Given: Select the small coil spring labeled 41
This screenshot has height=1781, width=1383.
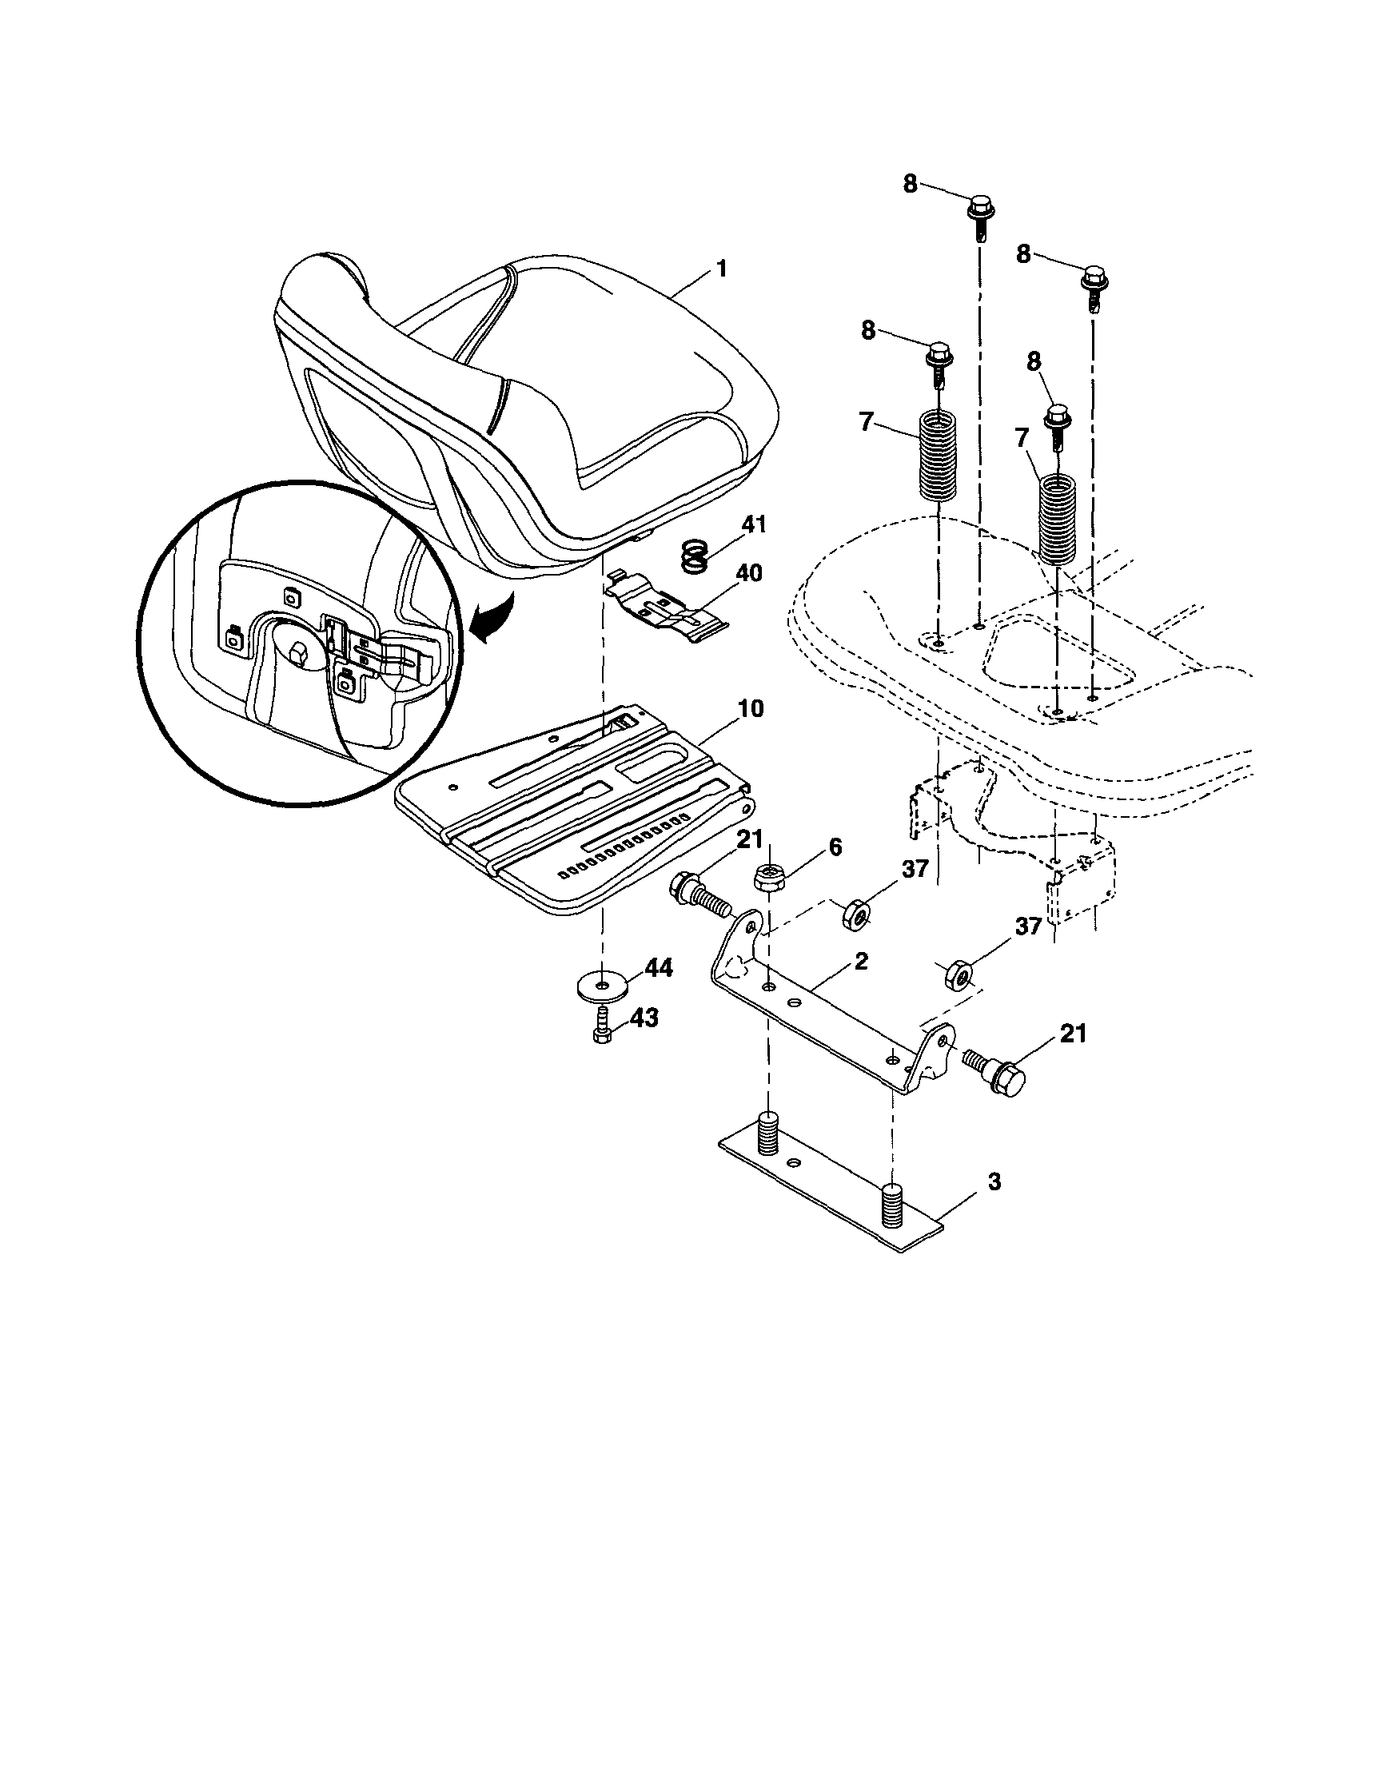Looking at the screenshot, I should pyautogui.click(x=693, y=560).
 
